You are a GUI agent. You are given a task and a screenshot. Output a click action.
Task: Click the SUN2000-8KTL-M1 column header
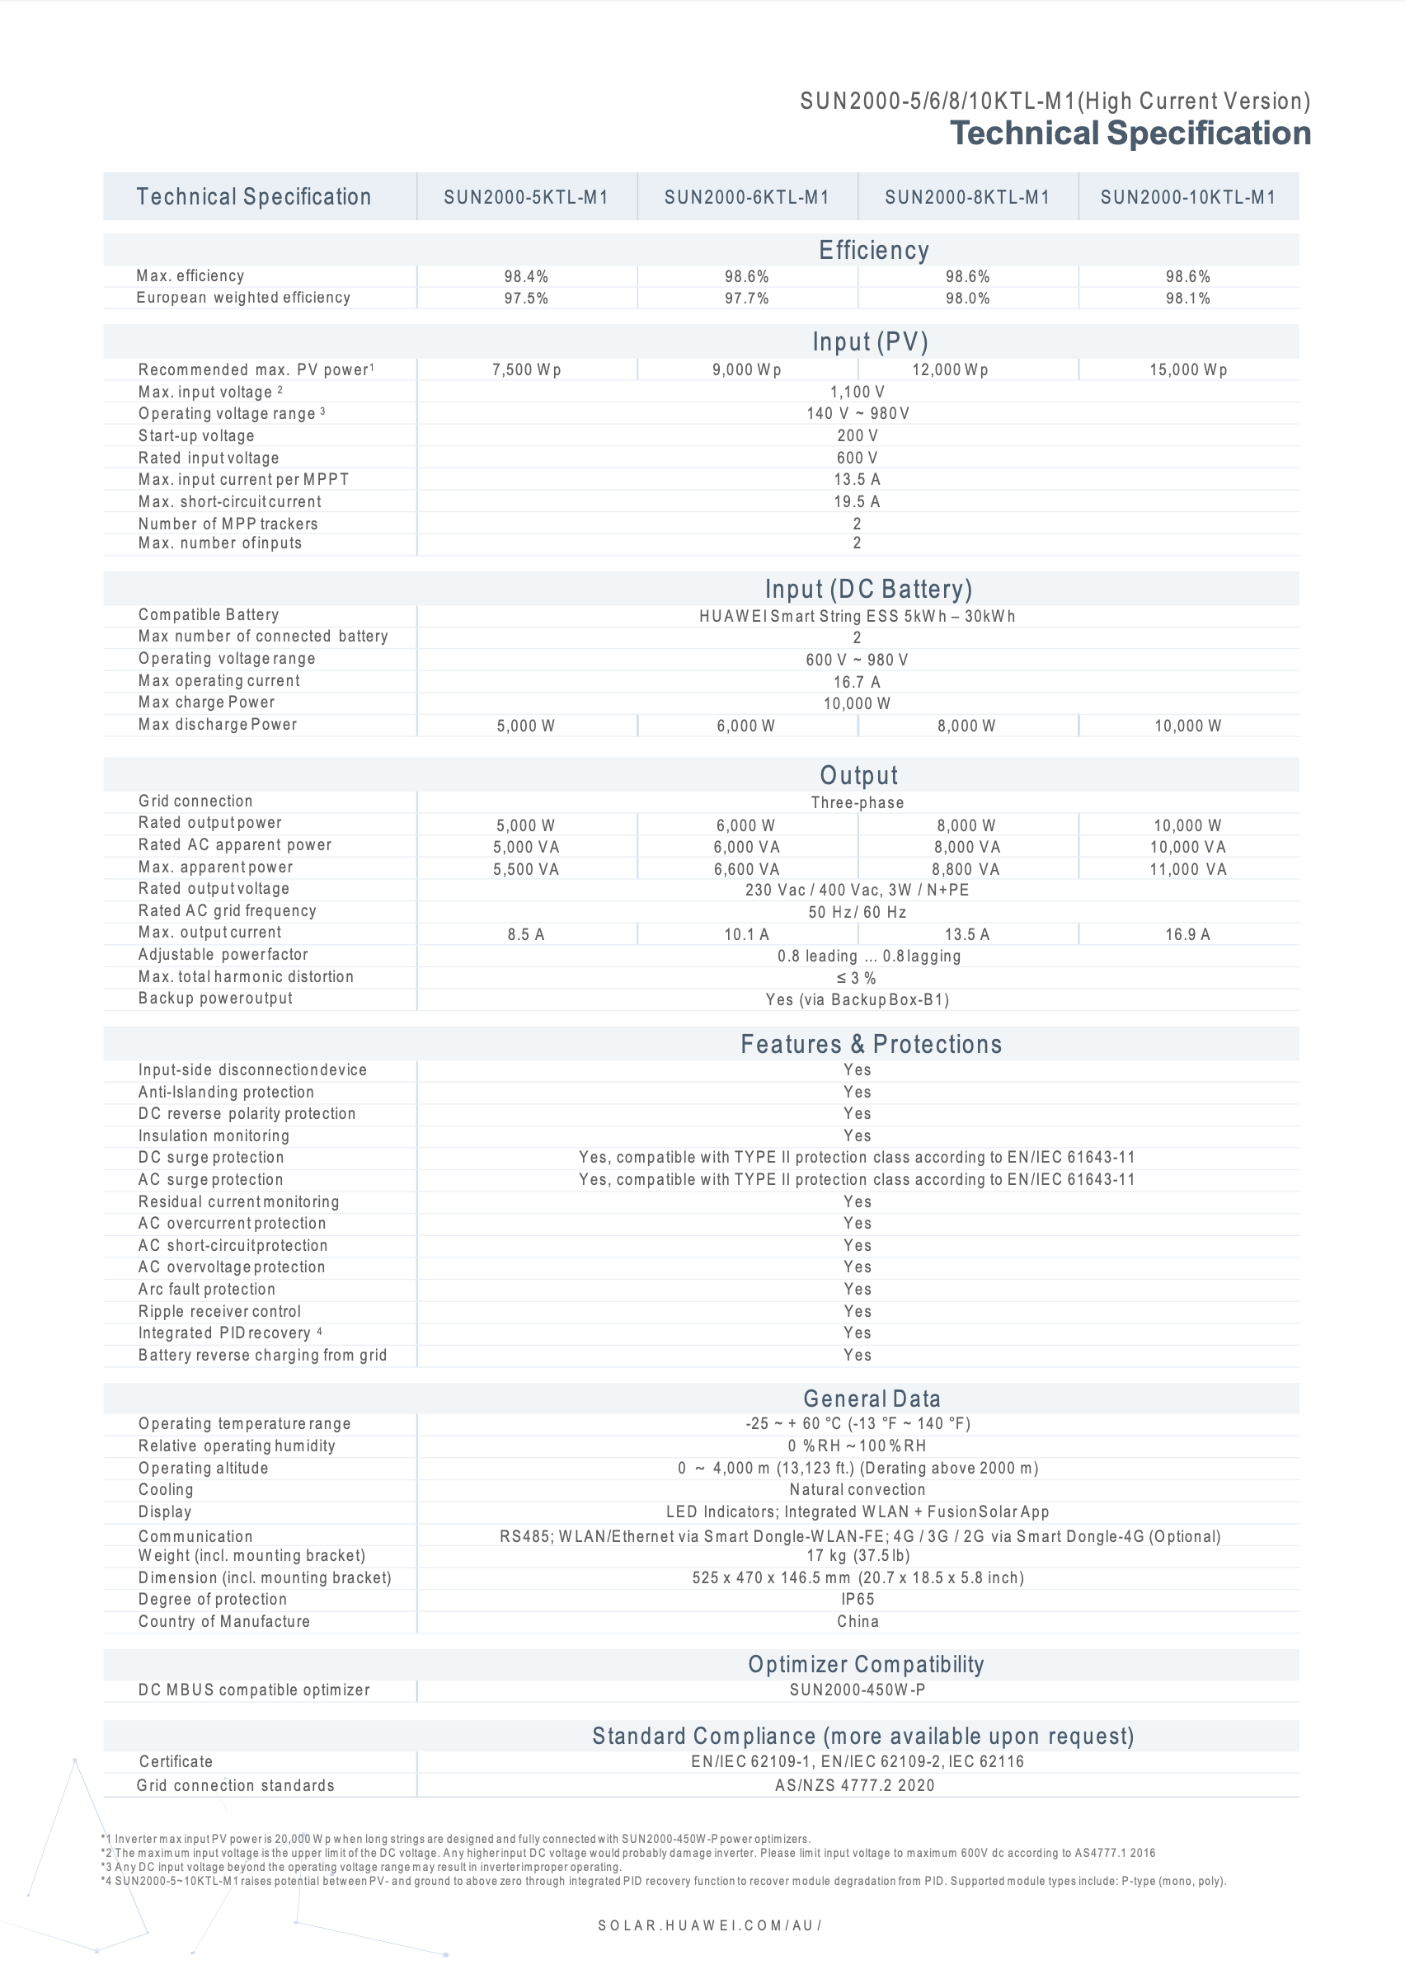pos(967,197)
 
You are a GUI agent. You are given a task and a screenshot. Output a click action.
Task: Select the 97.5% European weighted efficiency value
pos(526,298)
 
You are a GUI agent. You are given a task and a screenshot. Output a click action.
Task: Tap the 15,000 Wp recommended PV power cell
pos(1188,370)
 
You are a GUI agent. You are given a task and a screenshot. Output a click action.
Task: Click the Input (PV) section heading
pos(870,341)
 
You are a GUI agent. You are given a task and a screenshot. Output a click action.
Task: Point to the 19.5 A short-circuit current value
pos(857,501)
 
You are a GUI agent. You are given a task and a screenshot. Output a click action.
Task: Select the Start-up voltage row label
pos(196,436)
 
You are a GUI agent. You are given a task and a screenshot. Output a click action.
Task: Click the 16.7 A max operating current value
pos(857,683)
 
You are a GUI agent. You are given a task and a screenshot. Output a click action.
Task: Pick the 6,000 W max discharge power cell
pos(745,726)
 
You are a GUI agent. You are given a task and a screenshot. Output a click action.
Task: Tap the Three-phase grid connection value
pos(857,802)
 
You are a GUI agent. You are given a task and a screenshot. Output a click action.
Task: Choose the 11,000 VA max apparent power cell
pos(1188,869)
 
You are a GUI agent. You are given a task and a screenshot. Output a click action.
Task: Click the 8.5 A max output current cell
pos(526,935)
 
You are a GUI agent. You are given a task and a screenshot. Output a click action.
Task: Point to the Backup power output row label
pos(215,998)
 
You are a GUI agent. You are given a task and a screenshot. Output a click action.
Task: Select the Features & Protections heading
pos(872,1044)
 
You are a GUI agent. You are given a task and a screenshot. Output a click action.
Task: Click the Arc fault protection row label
pos(207,1289)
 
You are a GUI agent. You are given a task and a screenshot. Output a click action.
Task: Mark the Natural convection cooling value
pos(857,1489)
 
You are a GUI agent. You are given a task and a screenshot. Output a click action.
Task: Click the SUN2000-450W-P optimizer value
pos(857,1690)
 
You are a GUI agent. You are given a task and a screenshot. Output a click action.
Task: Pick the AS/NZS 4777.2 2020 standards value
pos(855,1785)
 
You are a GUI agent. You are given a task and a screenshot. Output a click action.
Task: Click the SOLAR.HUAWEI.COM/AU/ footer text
pos(709,1925)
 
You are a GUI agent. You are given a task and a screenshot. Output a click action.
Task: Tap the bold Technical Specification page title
pos(1130,134)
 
